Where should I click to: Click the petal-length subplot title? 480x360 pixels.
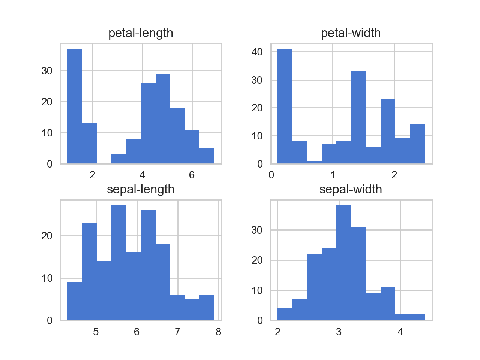141,33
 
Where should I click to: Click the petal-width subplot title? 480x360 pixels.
351,33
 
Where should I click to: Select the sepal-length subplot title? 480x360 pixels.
141,190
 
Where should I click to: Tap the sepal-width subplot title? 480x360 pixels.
351,190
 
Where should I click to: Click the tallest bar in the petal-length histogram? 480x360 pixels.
75,106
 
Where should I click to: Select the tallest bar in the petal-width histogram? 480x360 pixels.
285,106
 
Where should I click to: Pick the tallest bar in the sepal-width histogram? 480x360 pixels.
343,262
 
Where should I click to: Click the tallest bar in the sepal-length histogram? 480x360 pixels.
118,262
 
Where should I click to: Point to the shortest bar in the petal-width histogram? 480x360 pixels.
314,162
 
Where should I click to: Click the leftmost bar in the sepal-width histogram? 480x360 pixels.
285,314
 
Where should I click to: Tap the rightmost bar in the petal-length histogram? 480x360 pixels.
207,156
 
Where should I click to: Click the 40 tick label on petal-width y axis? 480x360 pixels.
257,52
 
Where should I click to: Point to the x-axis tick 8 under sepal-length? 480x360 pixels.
218,332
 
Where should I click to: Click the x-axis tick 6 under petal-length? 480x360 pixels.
192,175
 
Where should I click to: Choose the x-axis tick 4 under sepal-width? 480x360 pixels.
400,332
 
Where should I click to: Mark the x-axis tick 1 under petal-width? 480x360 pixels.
333,175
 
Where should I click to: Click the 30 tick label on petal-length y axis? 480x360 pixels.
47,70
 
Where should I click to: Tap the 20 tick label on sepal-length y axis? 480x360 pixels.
47,235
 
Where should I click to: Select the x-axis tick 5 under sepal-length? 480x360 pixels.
96,332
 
